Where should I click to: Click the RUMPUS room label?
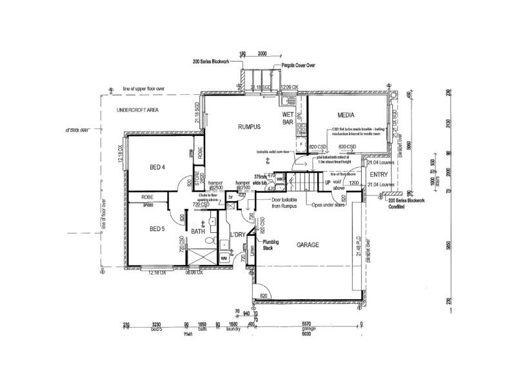point(249,127)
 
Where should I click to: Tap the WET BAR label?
point(288,118)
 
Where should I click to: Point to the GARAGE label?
point(310,245)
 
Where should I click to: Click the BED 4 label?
point(157,168)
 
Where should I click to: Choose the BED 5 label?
point(157,229)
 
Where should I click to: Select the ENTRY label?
point(379,174)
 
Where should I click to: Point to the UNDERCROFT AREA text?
point(137,112)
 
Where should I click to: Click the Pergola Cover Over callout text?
point(298,66)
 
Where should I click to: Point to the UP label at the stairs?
point(327,183)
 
